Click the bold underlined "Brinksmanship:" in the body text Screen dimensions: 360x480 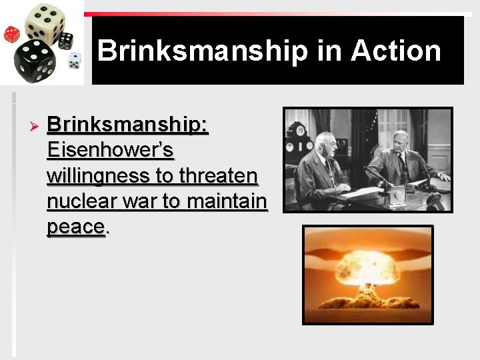click(128, 125)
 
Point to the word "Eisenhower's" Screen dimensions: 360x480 click(111, 150)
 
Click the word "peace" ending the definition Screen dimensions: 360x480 click(75, 227)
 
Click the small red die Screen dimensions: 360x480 click(11, 34)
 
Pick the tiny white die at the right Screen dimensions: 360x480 click(75, 60)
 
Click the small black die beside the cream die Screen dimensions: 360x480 click(66, 41)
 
